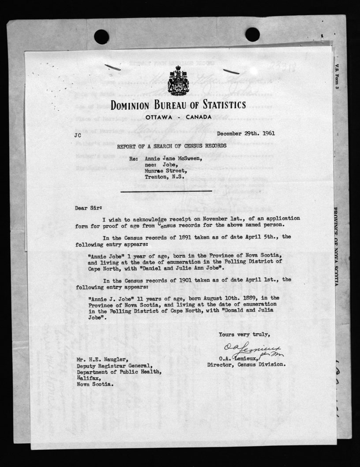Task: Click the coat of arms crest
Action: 178,81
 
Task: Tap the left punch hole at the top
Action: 101,37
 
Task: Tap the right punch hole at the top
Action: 252,34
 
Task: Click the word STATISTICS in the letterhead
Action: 216,105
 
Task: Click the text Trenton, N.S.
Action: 165,179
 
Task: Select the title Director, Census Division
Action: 247,365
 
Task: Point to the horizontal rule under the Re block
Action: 154,192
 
